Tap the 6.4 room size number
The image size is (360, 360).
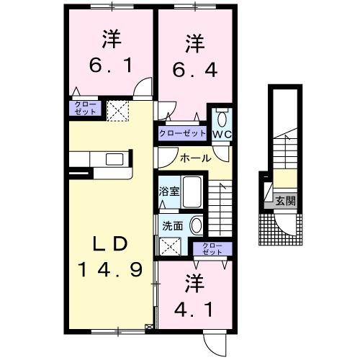tap(193, 70)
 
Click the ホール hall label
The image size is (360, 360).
tap(195, 158)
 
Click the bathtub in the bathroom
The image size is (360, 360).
tap(191, 193)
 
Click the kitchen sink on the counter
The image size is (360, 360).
tap(114, 160)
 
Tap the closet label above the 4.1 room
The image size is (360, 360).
tap(212, 250)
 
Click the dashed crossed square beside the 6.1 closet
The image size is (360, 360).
tap(117, 109)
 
